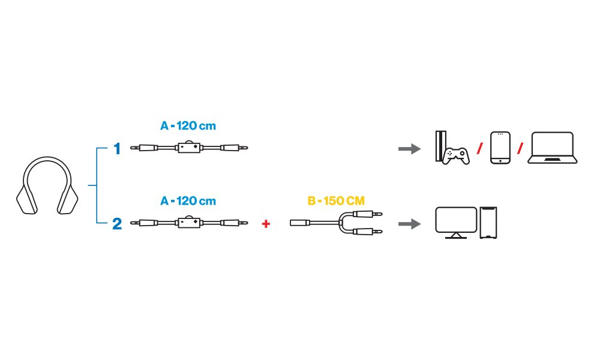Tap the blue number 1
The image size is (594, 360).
(x=117, y=148)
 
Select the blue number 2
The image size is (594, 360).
(x=117, y=224)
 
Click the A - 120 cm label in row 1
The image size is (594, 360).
(x=188, y=127)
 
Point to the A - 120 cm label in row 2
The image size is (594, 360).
(x=188, y=201)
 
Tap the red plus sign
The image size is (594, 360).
(x=266, y=224)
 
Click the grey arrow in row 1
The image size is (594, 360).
(x=409, y=149)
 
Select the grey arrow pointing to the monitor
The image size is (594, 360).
(x=409, y=224)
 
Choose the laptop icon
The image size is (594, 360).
(x=552, y=148)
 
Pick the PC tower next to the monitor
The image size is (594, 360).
(x=490, y=223)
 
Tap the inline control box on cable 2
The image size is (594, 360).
(x=189, y=223)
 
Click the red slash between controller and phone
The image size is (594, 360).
(x=479, y=148)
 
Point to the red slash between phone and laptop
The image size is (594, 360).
(x=520, y=148)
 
